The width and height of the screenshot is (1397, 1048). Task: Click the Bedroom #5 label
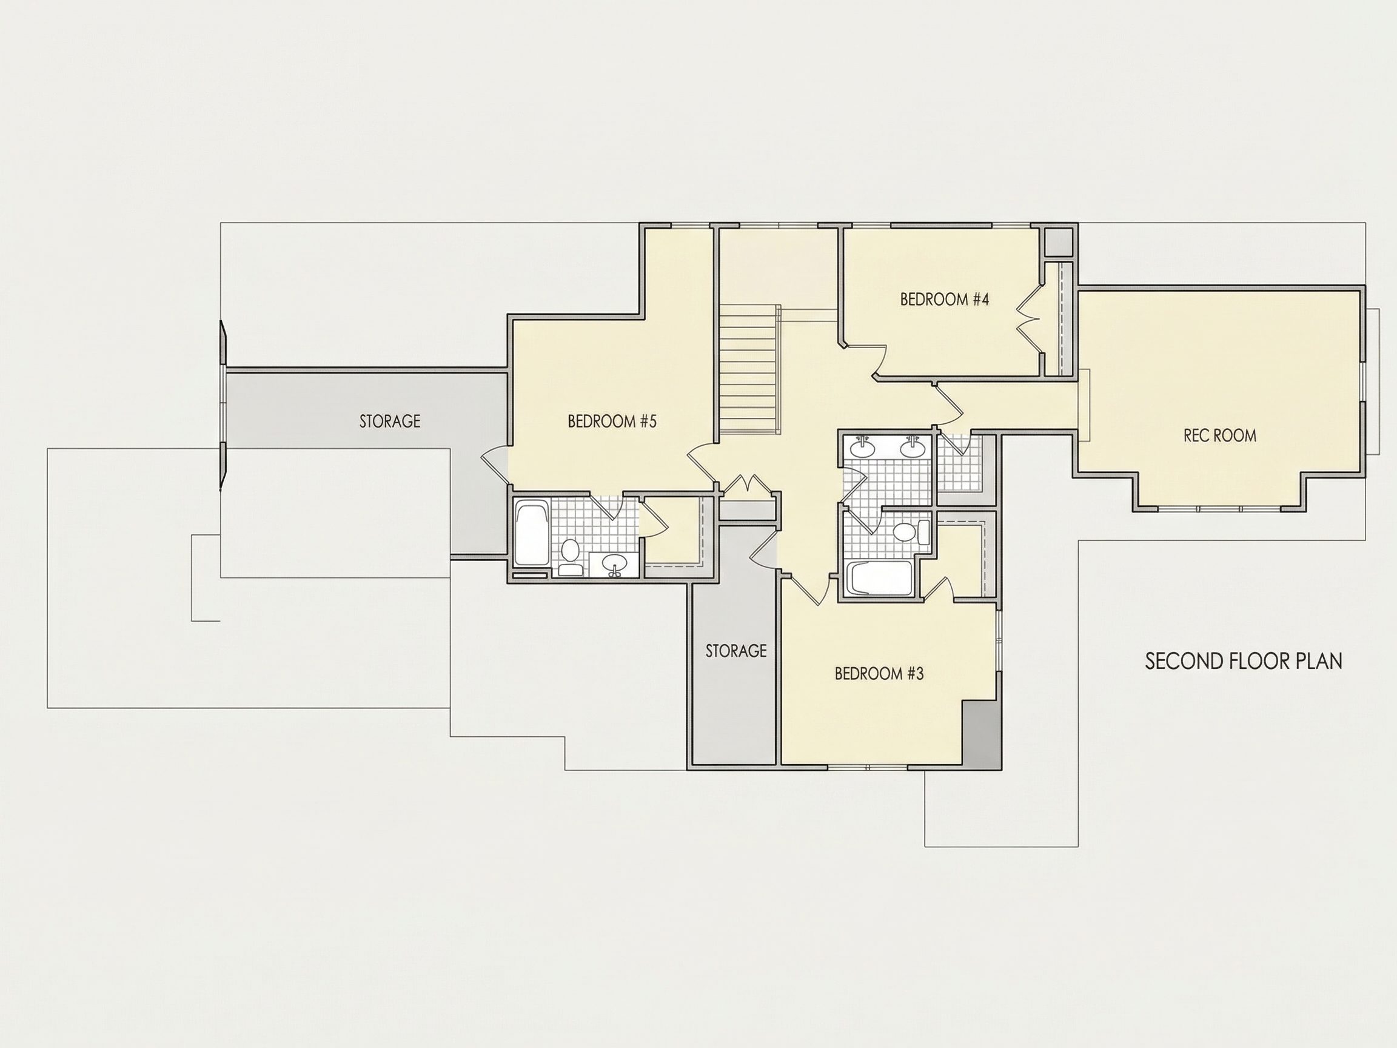[612, 422]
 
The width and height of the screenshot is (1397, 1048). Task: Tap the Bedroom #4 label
[944, 300]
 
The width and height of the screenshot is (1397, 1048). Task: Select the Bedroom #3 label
[879, 674]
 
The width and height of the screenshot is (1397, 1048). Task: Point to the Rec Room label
[1219, 435]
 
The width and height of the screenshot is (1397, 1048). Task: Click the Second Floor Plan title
[1244, 662]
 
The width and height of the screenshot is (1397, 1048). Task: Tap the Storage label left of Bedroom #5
[390, 422]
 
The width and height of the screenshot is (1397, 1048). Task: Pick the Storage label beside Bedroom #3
[735, 651]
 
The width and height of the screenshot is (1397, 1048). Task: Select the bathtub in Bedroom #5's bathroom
[532, 532]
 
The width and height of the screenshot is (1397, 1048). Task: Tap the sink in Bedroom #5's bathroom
[613, 564]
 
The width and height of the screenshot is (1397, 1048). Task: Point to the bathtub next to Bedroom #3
[879, 578]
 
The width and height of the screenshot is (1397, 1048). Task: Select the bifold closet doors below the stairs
[747, 488]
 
